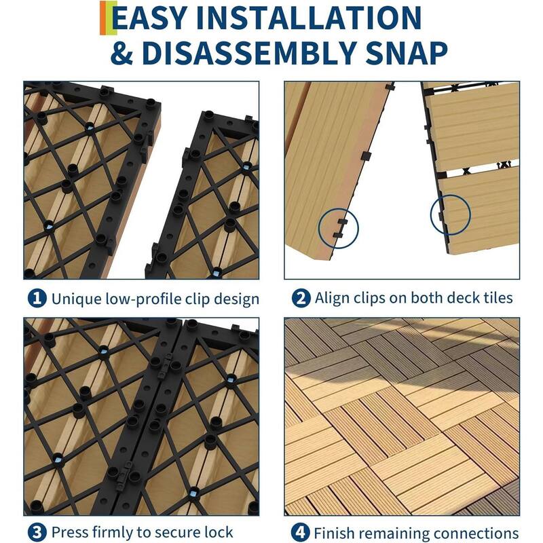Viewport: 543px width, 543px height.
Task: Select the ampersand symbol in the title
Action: point(123,53)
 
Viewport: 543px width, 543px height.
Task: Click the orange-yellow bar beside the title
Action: point(103,18)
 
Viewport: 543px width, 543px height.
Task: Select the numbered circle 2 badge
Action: point(299,298)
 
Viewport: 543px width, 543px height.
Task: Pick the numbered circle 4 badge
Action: point(299,532)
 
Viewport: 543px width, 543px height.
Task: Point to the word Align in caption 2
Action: point(331,298)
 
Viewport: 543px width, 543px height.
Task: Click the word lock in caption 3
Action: point(218,532)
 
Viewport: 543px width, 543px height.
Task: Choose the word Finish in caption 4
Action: point(335,532)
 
